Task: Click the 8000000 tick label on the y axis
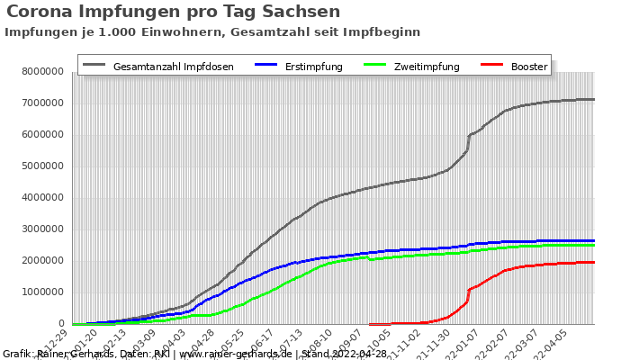(x=40, y=71)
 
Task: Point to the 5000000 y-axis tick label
(x=40, y=166)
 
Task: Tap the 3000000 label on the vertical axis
(x=40, y=229)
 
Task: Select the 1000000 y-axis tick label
(x=40, y=292)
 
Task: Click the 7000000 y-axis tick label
(x=40, y=103)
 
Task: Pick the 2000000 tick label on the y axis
(x=40, y=260)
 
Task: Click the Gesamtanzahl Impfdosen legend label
(x=173, y=67)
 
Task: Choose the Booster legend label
(x=528, y=67)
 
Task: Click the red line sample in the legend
(x=490, y=66)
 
